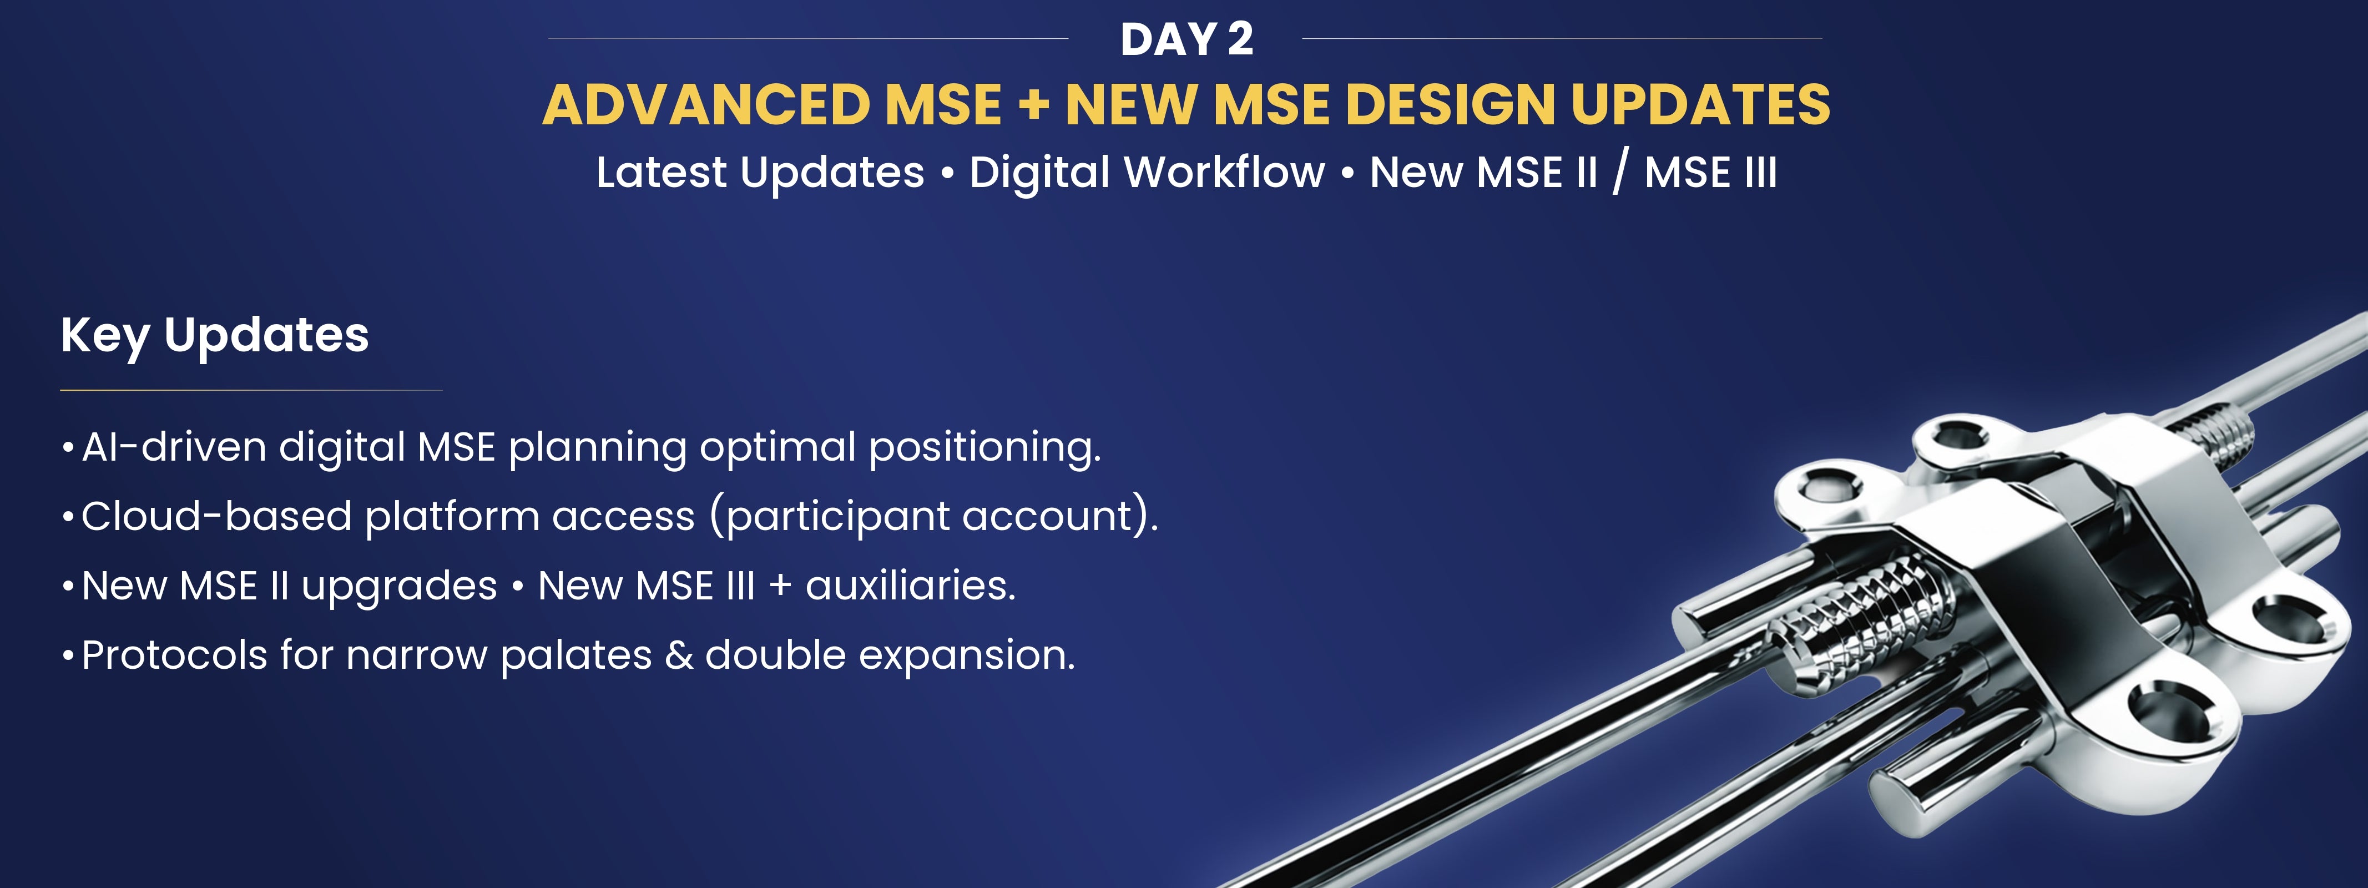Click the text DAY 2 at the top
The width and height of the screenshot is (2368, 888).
tap(1186, 39)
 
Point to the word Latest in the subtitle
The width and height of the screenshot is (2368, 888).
tap(661, 172)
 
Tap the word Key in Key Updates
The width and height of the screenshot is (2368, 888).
tap(105, 336)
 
